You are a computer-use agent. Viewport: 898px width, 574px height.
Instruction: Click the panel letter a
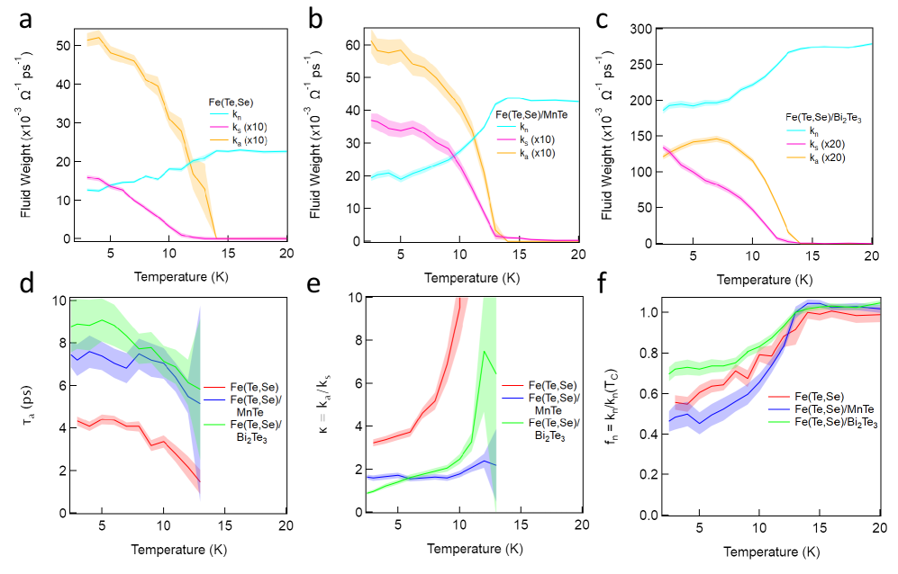tap(17, 17)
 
